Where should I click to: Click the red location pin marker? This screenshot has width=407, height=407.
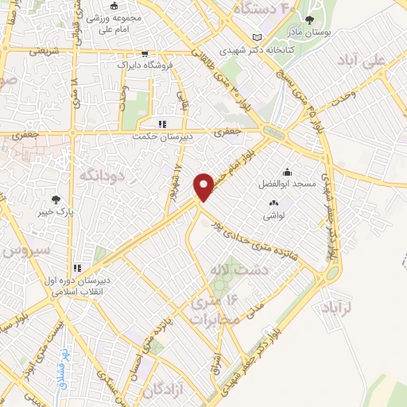[x=206, y=186]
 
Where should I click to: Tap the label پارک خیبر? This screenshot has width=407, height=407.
[x=55, y=214]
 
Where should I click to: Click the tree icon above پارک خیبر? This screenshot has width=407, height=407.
[x=55, y=200]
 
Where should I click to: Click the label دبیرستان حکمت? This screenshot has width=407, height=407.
[x=161, y=136]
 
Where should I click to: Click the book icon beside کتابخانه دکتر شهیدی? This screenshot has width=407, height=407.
[x=255, y=37]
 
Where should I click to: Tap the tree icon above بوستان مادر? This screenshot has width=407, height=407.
[x=332, y=20]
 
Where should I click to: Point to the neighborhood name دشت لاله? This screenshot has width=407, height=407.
[x=230, y=270]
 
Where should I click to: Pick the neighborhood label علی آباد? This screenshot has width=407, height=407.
[x=381, y=60]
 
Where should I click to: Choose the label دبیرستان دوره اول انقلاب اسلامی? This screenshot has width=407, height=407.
[x=83, y=285]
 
